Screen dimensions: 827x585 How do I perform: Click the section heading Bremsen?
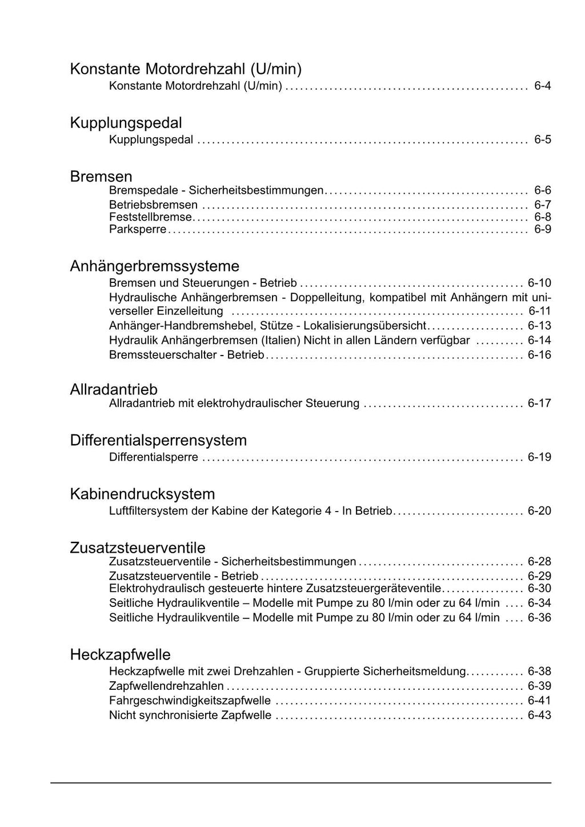[101, 177]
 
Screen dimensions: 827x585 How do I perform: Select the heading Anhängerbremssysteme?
[154, 266]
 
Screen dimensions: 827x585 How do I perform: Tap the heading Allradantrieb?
[114, 390]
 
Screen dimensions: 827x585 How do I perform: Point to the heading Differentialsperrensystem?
[158, 441]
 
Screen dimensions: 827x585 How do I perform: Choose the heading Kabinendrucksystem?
[142, 494]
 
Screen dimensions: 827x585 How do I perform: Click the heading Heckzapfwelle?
[120, 655]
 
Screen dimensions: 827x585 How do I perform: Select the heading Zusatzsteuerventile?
[138, 548]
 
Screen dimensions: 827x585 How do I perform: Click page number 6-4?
[542, 86]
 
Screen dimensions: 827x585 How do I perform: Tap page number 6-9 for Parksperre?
[542, 230]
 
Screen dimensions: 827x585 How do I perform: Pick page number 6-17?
[539, 403]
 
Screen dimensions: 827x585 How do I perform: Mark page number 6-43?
[539, 716]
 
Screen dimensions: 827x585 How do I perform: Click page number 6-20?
[539, 511]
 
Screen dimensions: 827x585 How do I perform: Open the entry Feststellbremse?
[151, 217]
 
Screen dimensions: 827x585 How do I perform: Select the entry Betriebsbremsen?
[153, 205]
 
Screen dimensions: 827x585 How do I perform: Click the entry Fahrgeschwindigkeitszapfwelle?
[190, 701]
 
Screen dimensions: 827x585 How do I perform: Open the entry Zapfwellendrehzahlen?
[166, 686]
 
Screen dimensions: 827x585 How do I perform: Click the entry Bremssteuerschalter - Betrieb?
[186, 355]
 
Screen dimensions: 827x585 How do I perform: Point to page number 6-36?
[539, 618]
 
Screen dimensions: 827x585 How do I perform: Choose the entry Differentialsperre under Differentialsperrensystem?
[154, 457]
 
